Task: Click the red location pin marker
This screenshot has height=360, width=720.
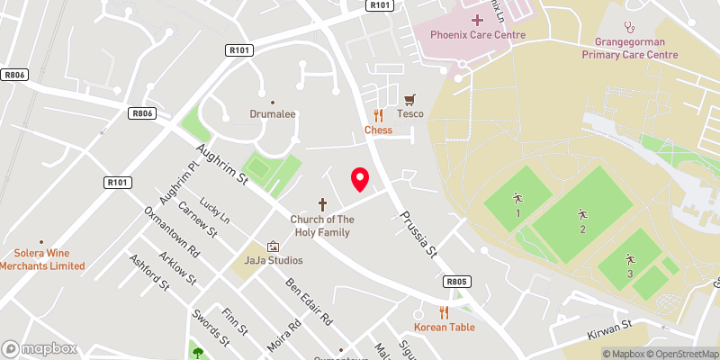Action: tap(360, 179)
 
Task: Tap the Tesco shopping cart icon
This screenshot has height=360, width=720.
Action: tap(410, 99)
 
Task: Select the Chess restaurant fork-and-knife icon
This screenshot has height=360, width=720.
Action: tap(378, 115)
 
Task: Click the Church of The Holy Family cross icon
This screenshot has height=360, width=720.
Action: tap(321, 204)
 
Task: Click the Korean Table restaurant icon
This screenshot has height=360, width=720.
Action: tap(444, 312)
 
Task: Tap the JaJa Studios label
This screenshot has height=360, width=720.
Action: tap(274, 260)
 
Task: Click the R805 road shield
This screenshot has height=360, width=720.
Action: tap(457, 281)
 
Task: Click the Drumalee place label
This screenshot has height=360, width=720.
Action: tap(273, 114)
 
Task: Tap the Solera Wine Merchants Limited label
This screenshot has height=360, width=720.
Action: tap(41, 260)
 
